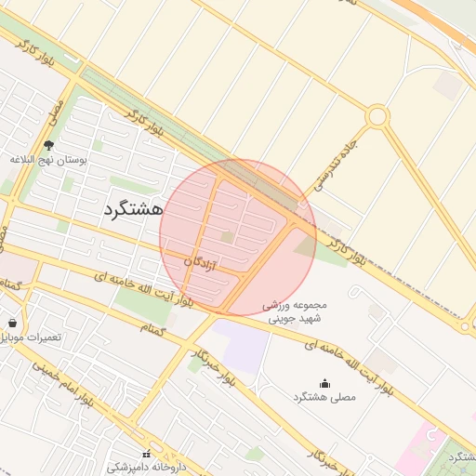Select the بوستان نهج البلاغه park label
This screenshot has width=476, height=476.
point(48,160)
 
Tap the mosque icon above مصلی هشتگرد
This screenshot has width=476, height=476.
point(324,383)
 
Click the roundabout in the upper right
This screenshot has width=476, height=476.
point(377,116)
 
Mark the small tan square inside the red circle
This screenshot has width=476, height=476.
point(228,237)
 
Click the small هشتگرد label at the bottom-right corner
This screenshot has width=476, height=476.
point(461,456)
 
